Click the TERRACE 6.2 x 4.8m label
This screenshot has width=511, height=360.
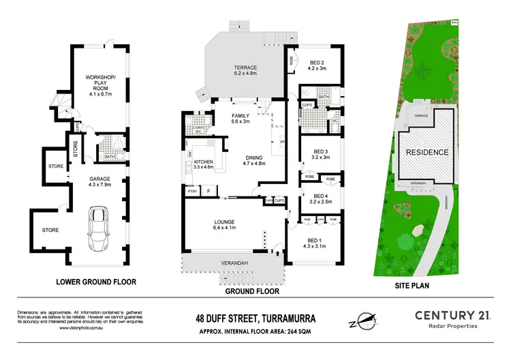246,71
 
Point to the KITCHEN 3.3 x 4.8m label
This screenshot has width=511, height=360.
204,162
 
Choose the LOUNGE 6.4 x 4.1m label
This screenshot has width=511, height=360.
225,225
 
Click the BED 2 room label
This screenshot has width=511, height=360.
318,65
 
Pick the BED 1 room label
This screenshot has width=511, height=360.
317,243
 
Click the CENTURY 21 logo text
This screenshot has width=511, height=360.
455,314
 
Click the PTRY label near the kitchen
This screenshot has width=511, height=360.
192,192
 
